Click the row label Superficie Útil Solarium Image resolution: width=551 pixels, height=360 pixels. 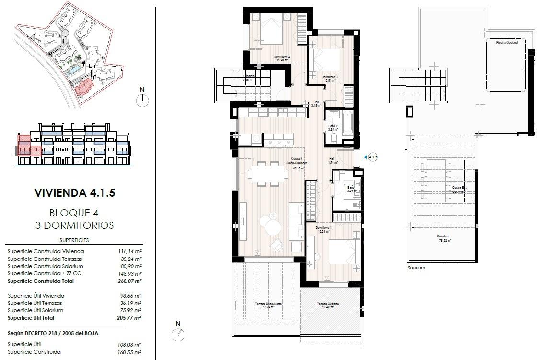point(35,310)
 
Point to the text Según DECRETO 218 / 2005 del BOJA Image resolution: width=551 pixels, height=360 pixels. point(53,333)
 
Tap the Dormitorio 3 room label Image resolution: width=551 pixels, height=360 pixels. point(330,79)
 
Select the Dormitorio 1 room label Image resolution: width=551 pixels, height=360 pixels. point(324,229)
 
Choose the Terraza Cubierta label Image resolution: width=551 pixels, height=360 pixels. point(328,305)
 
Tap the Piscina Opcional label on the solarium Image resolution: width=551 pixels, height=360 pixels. point(507,43)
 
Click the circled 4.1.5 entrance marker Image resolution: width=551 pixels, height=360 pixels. point(372,157)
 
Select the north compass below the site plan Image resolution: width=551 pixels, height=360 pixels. point(142,100)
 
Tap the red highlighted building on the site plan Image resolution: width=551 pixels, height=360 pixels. point(84,88)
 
